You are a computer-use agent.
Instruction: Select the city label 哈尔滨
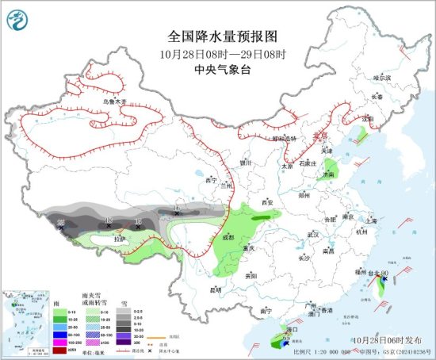(x=382, y=78)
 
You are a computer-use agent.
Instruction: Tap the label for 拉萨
(x=119, y=238)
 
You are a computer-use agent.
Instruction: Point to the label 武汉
(x=312, y=235)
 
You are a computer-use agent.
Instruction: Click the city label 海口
(x=292, y=327)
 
